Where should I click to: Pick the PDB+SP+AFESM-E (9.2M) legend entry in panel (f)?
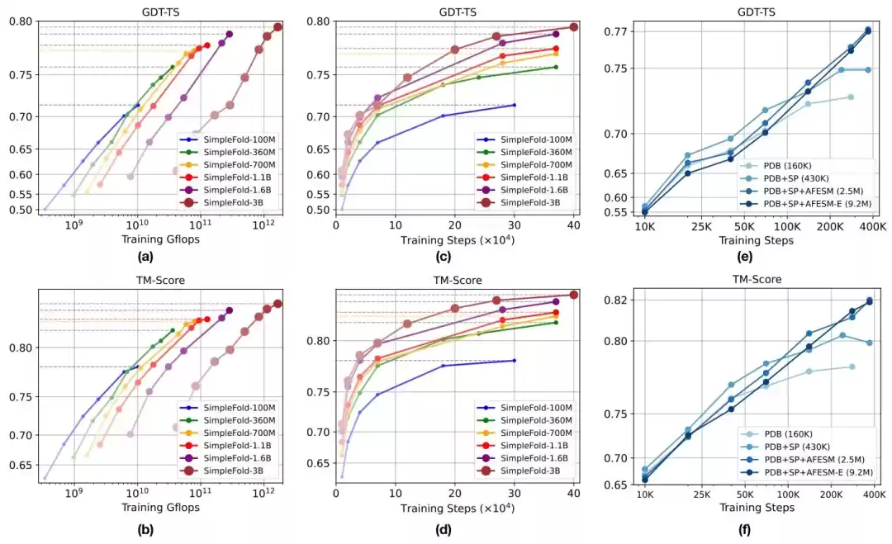816,471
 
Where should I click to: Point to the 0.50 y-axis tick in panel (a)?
23,210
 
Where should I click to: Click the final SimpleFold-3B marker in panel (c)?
574,27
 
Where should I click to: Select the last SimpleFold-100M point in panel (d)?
515,360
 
